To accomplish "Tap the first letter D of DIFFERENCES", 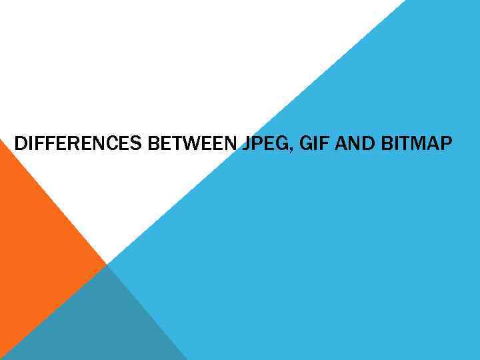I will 20,143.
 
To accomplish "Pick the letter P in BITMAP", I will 445,143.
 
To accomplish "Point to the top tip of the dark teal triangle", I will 107,265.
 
